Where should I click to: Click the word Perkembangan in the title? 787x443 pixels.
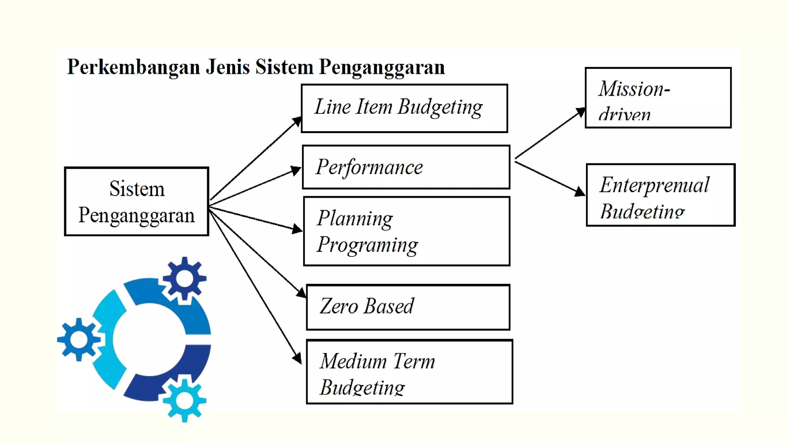click(133, 67)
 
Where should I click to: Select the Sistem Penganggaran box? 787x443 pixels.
click(136, 202)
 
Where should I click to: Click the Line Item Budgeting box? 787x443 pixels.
click(404, 108)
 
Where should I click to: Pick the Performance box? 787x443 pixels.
click(406, 167)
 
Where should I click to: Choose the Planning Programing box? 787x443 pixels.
click(407, 231)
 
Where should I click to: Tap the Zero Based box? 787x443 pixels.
click(408, 307)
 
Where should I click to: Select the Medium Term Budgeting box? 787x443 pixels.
click(409, 372)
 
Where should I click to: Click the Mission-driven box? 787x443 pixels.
click(658, 98)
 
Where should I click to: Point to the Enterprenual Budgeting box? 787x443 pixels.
click(660, 195)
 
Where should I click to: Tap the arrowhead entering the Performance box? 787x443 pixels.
click(296, 170)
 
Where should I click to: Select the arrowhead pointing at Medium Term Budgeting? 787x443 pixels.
click(297, 358)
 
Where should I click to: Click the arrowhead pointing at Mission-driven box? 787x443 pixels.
click(581, 112)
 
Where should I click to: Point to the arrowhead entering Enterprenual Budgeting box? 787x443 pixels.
click(580, 192)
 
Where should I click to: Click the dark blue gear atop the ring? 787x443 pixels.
click(184, 278)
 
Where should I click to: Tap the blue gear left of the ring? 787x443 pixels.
click(79, 339)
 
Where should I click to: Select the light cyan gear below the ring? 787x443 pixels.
click(184, 400)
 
